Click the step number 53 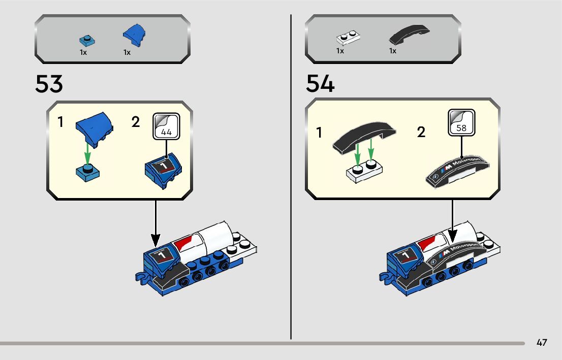pos(49,84)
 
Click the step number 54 pos(320,84)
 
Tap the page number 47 pos(542,343)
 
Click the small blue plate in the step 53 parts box pos(87,40)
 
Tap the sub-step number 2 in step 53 pos(136,122)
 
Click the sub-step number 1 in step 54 pos(319,133)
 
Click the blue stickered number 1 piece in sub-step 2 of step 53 pos(164,171)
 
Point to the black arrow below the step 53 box pos(156,223)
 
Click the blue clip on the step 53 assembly pos(142,276)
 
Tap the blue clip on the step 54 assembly pos(385,276)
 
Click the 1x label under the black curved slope pos(393,51)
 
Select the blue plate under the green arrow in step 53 pos(87,172)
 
